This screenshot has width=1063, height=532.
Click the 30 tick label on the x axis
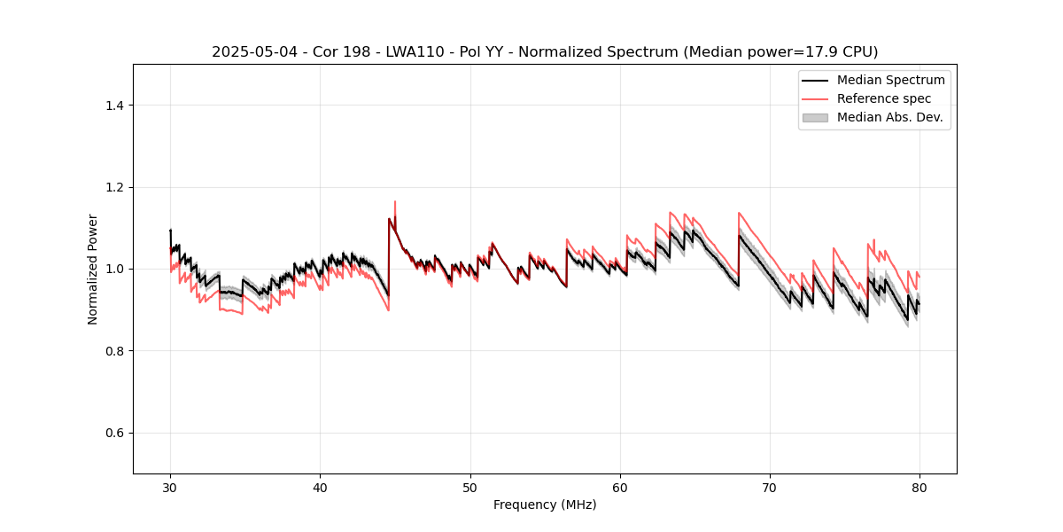(171, 487)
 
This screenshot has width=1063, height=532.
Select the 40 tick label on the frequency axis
(321, 487)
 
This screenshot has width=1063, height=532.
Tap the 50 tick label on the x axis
(470, 487)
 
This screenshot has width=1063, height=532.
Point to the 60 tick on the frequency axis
(620, 487)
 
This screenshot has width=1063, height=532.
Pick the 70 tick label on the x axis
(770, 487)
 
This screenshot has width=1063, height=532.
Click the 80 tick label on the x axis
(919, 487)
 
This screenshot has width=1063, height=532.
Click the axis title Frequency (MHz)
(545, 505)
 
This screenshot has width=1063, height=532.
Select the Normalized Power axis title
(92, 269)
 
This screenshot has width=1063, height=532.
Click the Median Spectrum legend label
(890, 80)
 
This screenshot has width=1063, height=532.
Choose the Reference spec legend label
(883, 98)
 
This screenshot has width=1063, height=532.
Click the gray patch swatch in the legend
(815, 117)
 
